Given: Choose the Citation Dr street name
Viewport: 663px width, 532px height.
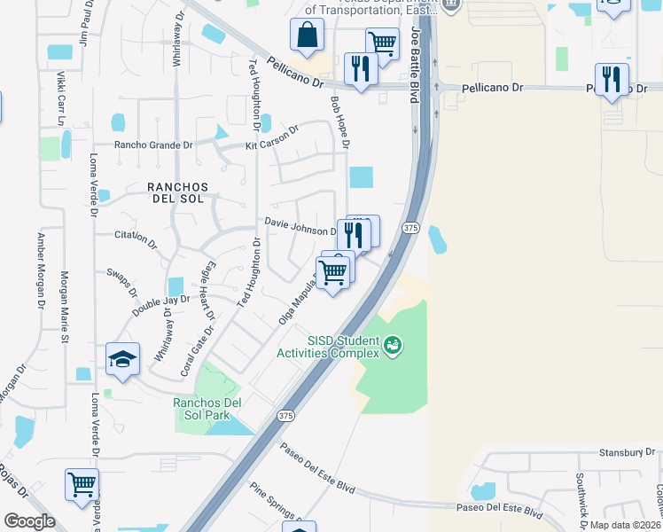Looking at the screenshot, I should click(136, 239).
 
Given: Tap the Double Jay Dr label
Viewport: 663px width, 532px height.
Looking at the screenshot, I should click(161, 305).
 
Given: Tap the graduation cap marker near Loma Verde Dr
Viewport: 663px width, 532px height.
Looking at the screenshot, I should click(123, 359).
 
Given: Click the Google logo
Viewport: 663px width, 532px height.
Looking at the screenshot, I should click(29, 521).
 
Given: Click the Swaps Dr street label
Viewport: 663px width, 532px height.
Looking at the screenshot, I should click(121, 282).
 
